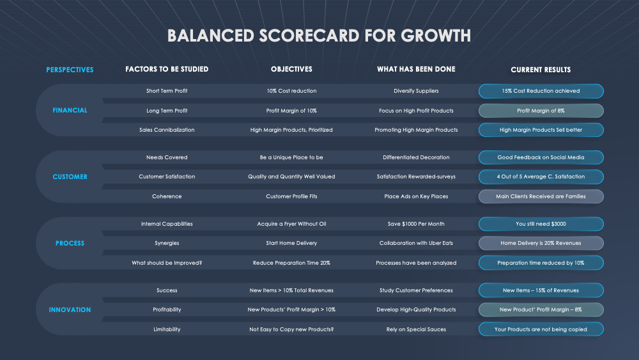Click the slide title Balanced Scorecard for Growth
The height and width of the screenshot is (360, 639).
click(x=319, y=35)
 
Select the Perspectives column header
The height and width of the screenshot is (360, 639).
click(x=70, y=70)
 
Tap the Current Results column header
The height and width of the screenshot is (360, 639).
click(x=541, y=70)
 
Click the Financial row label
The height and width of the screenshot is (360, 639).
click(x=70, y=110)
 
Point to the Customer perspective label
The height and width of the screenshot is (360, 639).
click(x=70, y=176)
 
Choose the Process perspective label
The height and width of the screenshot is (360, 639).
click(x=70, y=243)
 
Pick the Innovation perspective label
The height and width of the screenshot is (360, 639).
click(x=70, y=309)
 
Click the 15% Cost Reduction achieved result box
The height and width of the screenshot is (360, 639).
click(x=541, y=91)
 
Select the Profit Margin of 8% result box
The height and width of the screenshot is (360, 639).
click(x=541, y=111)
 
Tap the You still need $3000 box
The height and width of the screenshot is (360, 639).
click(x=541, y=224)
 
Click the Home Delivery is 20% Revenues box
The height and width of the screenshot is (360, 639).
click(x=541, y=243)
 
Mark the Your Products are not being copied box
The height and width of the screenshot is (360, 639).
click(x=541, y=329)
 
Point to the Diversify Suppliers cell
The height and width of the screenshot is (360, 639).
click(x=416, y=91)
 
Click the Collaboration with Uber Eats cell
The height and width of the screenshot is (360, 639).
click(x=416, y=243)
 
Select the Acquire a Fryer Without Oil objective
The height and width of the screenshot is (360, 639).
click(x=291, y=224)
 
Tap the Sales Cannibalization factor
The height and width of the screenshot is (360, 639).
click(x=167, y=130)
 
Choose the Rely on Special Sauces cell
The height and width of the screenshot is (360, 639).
click(x=416, y=329)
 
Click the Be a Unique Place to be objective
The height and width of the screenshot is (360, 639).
click(x=291, y=157)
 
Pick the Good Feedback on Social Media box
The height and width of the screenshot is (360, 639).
click(x=541, y=157)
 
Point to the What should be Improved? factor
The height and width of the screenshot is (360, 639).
click(x=167, y=263)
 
